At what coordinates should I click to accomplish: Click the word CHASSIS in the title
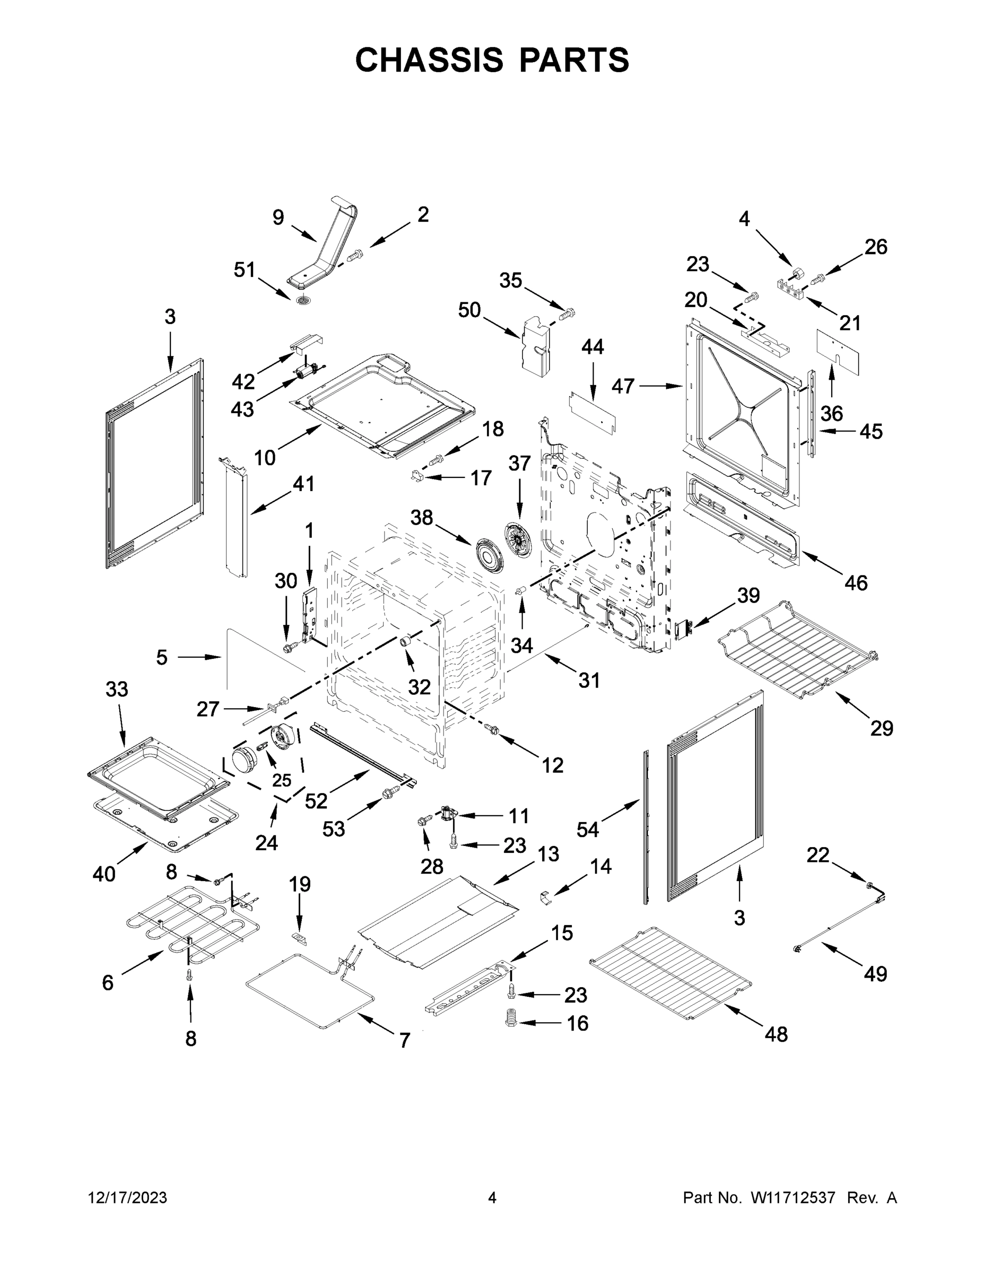point(429,60)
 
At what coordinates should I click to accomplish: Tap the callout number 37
point(519,464)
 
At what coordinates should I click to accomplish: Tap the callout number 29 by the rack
point(882,728)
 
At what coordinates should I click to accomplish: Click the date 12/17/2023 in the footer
point(127,1198)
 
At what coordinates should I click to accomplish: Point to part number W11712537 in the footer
point(793,1198)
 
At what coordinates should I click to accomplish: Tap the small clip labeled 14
point(545,900)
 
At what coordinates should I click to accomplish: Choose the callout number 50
point(469,310)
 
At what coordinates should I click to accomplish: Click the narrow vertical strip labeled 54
point(646,827)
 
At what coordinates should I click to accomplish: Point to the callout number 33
point(117,689)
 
